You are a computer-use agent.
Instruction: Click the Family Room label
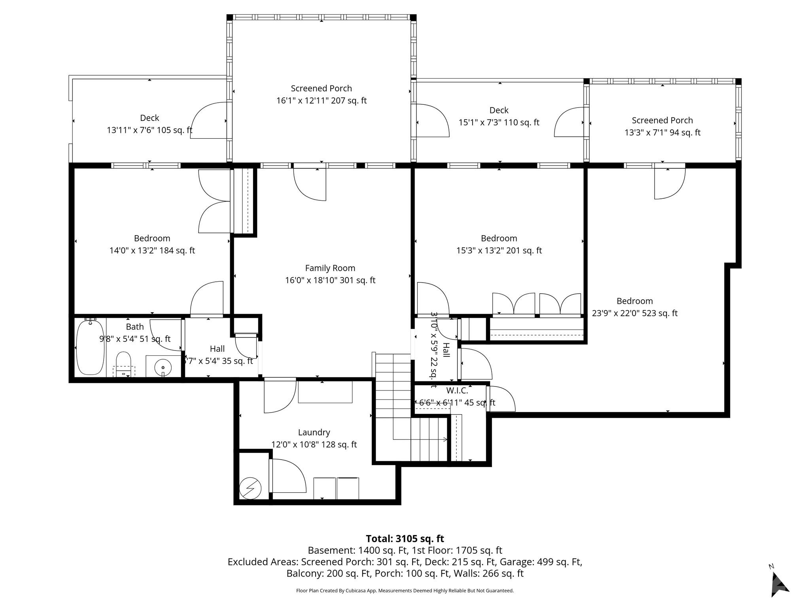pyautogui.click(x=330, y=268)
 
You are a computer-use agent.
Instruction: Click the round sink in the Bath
pyautogui.click(x=163, y=366)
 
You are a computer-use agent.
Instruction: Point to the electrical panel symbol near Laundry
pyautogui.click(x=250, y=488)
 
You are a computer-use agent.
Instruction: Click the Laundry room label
pyautogui.click(x=314, y=432)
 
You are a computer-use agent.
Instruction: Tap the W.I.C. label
pyautogui.click(x=457, y=391)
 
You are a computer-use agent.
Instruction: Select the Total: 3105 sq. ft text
pyautogui.click(x=405, y=539)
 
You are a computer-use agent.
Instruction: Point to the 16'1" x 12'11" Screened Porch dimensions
pyautogui.click(x=321, y=100)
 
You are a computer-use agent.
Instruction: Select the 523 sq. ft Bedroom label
pyautogui.click(x=634, y=301)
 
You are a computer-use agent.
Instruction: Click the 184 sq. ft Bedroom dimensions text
pyautogui.click(x=152, y=251)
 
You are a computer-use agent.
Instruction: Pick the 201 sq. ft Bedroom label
pyautogui.click(x=499, y=238)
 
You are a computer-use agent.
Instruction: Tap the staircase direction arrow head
pyautogui.click(x=446, y=439)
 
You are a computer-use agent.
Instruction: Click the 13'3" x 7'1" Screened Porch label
pyautogui.click(x=662, y=121)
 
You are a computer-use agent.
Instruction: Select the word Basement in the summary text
pyautogui.click(x=331, y=550)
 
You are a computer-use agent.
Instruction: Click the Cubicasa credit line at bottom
pyautogui.click(x=405, y=591)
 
